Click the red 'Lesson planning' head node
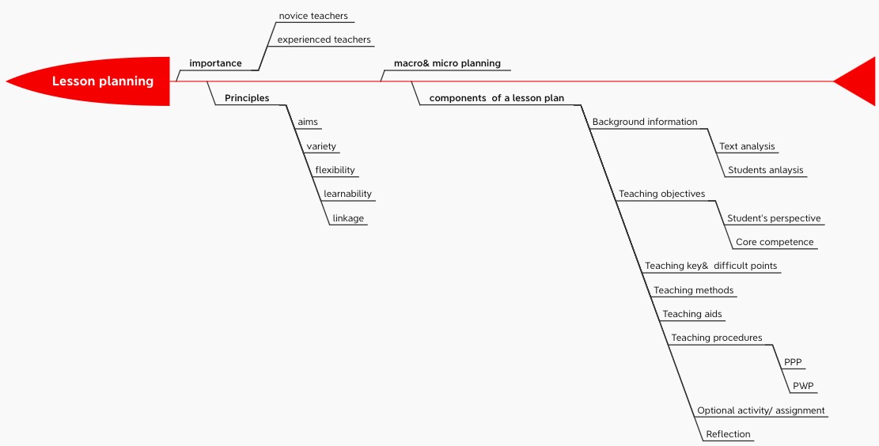point(102,81)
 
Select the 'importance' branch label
point(215,63)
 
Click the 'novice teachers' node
point(313,16)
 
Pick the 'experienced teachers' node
point(324,40)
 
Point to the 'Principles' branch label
point(247,98)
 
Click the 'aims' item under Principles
point(308,122)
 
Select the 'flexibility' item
point(335,170)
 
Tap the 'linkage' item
point(348,218)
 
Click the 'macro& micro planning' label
point(447,63)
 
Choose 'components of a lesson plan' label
point(496,98)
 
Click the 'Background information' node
point(645,122)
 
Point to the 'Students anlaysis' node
point(765,170)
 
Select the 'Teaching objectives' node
point(661,194)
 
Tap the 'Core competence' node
point(775,242)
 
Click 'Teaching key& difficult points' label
point(710,266)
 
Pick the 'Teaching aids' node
point(691,314)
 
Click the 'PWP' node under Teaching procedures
point(804,386)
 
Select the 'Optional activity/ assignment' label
point(760,410)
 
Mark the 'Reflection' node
point(728,434)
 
